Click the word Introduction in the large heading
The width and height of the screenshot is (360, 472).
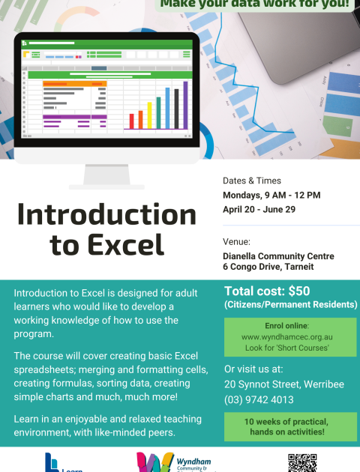point(106,215)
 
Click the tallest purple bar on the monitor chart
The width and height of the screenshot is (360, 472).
point(184,105)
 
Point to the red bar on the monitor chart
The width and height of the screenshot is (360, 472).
point(131,121)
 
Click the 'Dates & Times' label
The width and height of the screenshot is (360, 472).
point(252,181)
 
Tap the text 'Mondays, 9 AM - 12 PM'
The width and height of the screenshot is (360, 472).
point(271,195)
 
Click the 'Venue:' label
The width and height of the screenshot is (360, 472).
point(237,242)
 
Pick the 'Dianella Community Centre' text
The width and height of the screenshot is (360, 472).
point(278,256)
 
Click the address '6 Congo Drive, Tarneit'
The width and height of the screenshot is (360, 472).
point(268,267)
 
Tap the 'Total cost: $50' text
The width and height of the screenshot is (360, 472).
point(267,291)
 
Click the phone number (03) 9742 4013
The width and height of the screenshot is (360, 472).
point(259,399)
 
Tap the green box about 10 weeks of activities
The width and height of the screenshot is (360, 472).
point(289,426)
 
